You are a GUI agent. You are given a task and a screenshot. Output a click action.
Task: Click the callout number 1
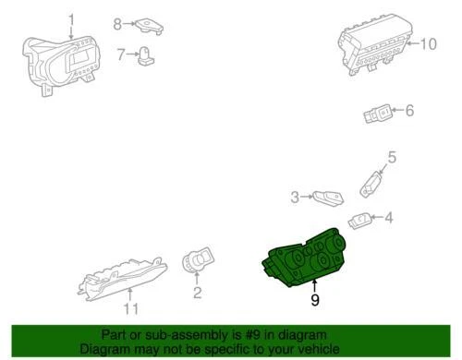point(73,19)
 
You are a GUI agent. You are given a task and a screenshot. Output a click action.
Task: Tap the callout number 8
point(117,23)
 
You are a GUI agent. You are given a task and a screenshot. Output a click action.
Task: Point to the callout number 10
point(426,43)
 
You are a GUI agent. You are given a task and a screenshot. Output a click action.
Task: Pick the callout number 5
point(391,158)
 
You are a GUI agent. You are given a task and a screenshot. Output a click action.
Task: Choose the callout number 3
point(296,196)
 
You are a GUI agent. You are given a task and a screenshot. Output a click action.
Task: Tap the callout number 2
point(196,294)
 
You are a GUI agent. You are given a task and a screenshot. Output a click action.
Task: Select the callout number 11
point(131,308)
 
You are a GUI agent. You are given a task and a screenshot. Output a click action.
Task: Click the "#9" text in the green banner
point(241,334)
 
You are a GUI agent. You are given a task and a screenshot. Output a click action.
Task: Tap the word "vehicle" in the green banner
point(309,349)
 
